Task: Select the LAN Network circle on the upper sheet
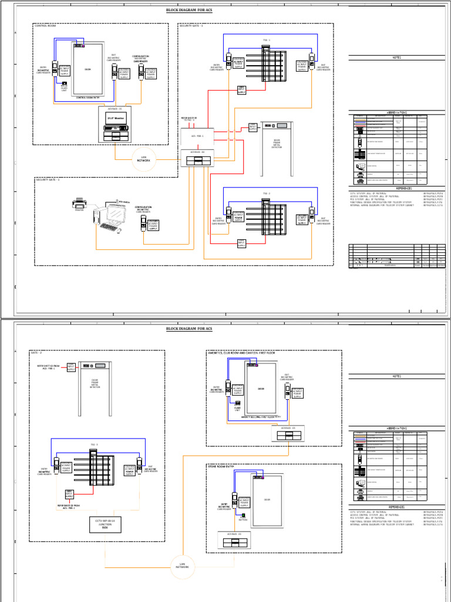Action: [144, 159]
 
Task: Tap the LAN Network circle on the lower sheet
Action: [183, 566]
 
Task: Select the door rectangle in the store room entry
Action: [267, 500]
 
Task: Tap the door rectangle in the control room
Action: [88, 69]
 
